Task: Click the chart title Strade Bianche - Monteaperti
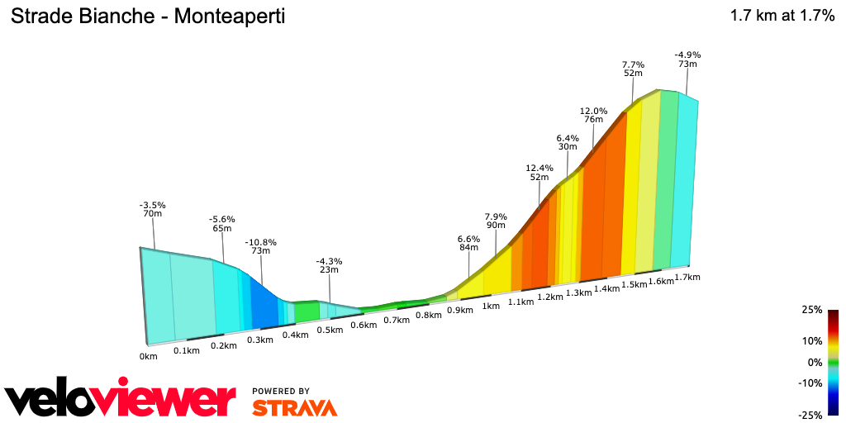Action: point(148,17)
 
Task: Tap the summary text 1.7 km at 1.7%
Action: point(782,16)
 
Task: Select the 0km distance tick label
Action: point(148,357)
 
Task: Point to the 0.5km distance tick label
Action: point(330,330)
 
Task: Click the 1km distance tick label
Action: point(491,307)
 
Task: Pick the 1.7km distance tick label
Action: point(687,278)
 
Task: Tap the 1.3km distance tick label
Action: point(578,292)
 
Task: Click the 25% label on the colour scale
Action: point(812,310)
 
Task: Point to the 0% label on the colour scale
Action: point(815,362)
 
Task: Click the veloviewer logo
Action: point(120,401)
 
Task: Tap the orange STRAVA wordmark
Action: point(294,407)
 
